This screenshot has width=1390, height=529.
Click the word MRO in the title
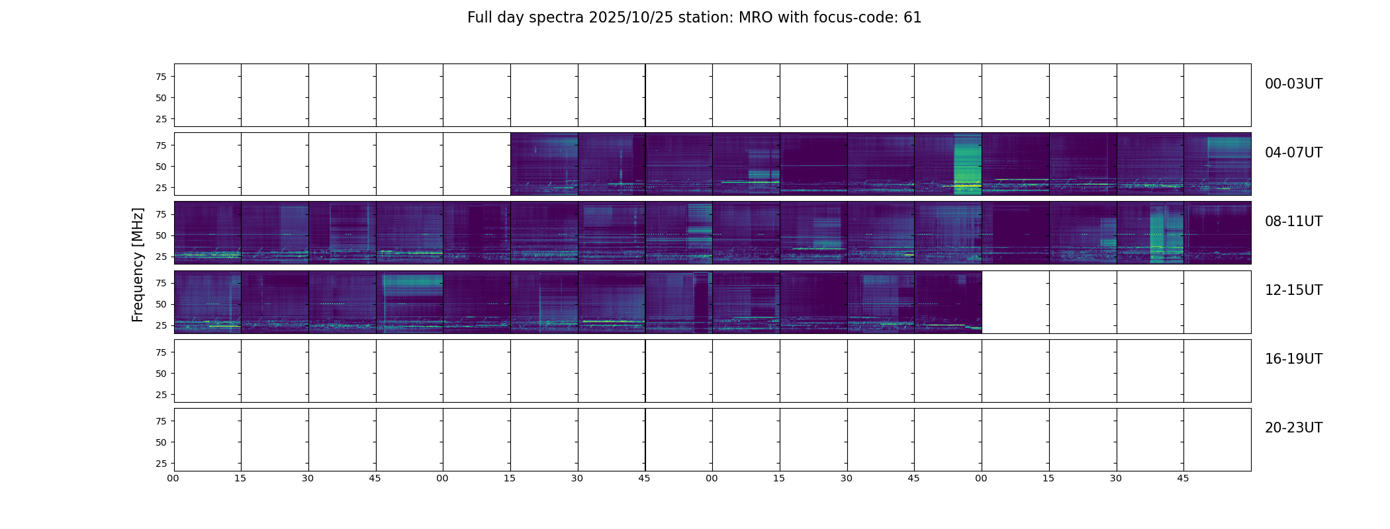751,18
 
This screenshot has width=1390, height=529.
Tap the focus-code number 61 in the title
912,18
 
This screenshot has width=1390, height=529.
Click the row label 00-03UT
1293,84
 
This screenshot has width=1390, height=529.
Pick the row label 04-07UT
1293,153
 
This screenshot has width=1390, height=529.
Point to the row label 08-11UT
1293,222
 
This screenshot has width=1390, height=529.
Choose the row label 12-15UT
1293,290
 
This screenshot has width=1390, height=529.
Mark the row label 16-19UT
1293,359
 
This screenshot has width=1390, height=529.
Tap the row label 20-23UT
1293,428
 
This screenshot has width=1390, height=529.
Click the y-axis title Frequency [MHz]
138,264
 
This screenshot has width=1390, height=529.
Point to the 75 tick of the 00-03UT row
161,77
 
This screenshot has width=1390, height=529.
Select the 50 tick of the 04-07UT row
161,167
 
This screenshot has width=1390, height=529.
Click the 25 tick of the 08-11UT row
161,257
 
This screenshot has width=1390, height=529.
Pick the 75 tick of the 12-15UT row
161,283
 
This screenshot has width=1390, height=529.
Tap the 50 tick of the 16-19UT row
161,374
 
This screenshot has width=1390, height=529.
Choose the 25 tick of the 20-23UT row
161,464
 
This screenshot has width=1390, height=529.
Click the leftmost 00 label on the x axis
173,478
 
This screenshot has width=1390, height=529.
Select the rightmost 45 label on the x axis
1183,478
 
